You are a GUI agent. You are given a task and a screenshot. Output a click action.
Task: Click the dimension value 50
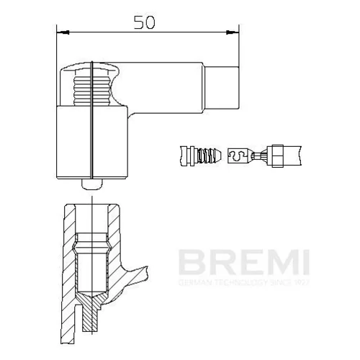[x=145, y=22]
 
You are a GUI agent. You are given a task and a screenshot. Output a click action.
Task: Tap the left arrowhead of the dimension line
[x=63, y=32]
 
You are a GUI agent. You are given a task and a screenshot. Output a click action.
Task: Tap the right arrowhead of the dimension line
[x=233, y=32]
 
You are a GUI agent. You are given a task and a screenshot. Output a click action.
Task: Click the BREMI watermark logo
[x=244, y=262]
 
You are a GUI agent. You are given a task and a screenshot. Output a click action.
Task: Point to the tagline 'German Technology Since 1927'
[x=244, y=282]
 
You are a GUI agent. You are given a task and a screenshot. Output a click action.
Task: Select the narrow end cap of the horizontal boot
[x=222, y=88]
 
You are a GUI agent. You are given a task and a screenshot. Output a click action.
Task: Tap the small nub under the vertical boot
[x=92, y=184]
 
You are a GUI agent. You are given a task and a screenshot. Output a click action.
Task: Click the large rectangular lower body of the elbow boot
[x=92, y=142]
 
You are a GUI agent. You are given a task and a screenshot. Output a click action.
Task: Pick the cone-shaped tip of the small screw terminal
[x=217, y=156]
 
